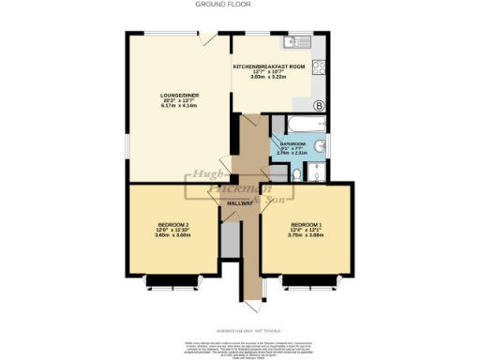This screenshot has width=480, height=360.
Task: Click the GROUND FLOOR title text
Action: coord(240,5)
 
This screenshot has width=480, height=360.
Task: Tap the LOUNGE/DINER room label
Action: coord(176,95)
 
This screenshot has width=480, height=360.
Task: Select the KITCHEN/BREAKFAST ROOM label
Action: coord(269,67)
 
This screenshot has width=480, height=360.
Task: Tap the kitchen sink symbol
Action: coord(299,40)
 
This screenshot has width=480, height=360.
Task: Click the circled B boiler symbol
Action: coord(319,105)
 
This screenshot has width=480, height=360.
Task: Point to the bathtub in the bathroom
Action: coord(295,123)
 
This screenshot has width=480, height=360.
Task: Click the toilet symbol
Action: coord(316,171)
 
